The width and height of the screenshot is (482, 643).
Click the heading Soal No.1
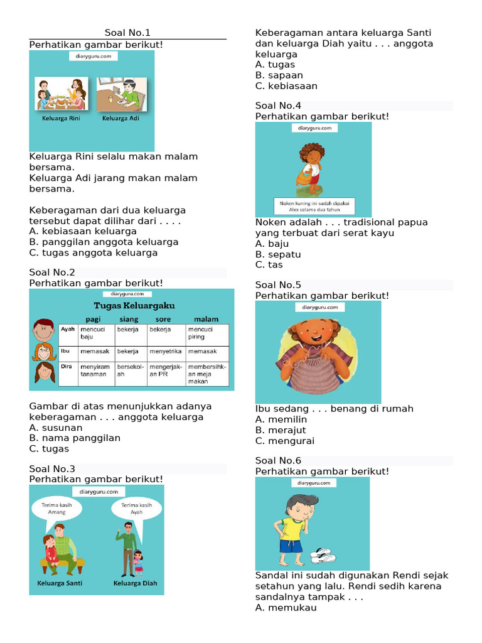pos(127,33)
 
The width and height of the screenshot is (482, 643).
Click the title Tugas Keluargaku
pos(134,306)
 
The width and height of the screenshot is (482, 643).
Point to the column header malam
pos(206,319)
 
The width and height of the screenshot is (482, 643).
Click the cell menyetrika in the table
pos(166,351)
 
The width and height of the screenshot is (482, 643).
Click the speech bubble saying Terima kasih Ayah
pos(136,507)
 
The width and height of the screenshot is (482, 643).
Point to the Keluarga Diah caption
pos(135,583)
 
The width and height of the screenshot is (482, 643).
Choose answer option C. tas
pos(269,265)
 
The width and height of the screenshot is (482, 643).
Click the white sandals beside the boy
pos(323,555)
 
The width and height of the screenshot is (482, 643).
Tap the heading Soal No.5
pos(279,285)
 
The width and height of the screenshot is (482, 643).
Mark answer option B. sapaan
pos(279,75)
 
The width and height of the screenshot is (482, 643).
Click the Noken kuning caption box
pos(313,206)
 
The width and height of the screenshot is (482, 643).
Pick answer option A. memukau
pos(286,608)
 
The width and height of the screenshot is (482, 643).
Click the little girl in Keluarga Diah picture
pos(137,562)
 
